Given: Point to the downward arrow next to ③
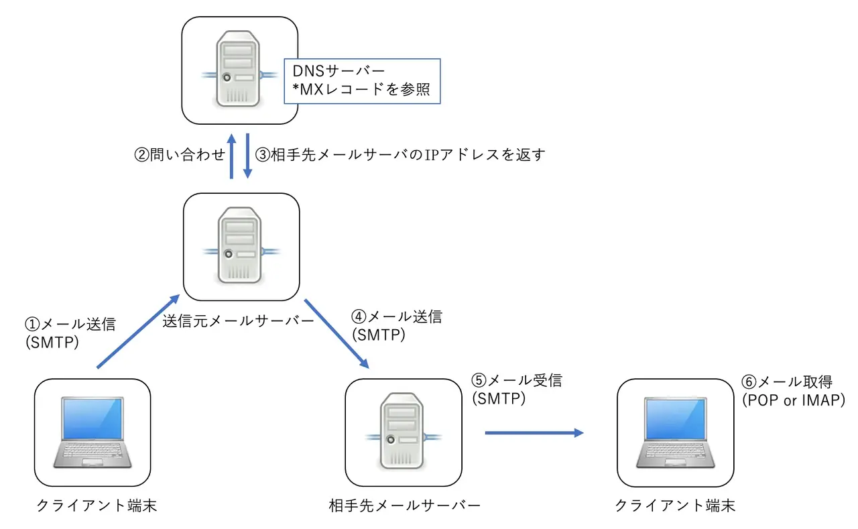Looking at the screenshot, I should click(247, 156).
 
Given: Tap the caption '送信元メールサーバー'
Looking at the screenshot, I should click(239, 321).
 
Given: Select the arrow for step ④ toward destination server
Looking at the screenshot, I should click(337, 333).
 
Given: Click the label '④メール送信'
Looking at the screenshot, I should click(396, 317).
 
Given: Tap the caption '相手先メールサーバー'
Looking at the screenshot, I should click(405, 505).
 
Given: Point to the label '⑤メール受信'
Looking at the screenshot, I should click(516, 381).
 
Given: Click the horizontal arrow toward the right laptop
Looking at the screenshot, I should click(534, 432).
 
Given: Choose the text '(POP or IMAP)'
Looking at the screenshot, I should click(793, 400).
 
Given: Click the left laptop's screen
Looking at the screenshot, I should click(93, 420).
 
